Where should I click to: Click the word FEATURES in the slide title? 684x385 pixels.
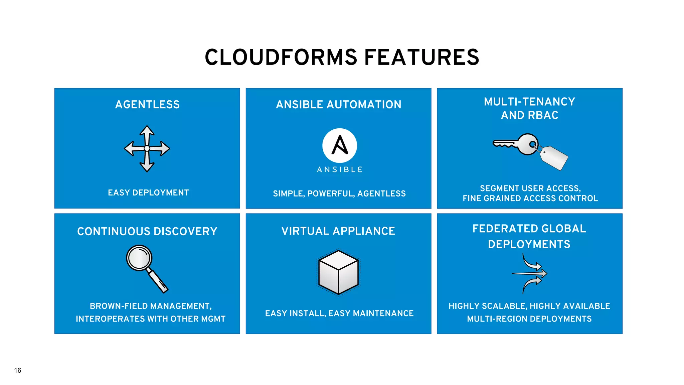click(x=421, y=57)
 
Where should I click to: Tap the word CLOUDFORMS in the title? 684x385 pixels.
click(x=281, y=57)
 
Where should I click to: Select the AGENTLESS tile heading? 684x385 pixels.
click(x=147, y=105)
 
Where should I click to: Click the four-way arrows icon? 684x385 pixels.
click(x=147, y=148)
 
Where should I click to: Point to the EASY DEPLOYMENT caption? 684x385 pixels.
click(x=148, y=193)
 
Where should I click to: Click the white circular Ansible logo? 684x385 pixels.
click(x=339, y=146)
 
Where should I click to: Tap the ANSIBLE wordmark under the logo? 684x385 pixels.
click(x=339, y=170)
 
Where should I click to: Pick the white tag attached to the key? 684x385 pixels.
click(x=554, y=158)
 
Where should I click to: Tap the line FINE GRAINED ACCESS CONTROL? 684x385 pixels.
click(x=530, y=199)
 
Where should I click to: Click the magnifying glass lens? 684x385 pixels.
click(x=139, y=258)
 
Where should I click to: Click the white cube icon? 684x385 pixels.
click(x=338, y=272)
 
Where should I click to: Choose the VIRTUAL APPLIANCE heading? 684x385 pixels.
click(x=338, y=231)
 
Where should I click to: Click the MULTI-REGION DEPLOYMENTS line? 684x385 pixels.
click(x=529, y=319)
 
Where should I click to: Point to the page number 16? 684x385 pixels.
click(x=18, y=370)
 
